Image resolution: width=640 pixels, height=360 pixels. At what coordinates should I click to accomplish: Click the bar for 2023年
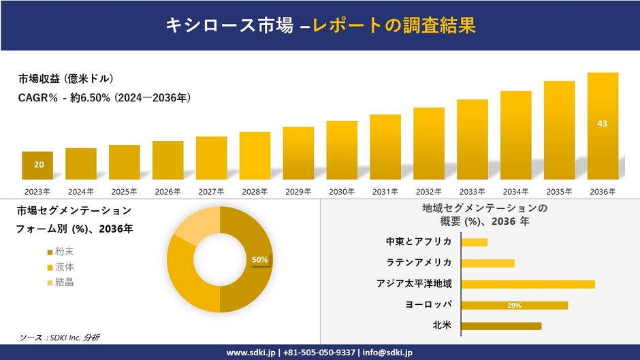tap(37, 165)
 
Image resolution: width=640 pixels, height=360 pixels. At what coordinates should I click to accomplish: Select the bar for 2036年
tap(603, 126)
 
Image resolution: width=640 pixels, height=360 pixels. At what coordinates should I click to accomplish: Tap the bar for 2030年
tap(342, 150)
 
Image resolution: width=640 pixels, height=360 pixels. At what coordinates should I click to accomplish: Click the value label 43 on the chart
tap(603, 123)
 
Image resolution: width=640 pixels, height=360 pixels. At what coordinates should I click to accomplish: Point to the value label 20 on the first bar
tap(39, 165)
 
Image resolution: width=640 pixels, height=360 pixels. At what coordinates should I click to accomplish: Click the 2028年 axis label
tap(255, 192)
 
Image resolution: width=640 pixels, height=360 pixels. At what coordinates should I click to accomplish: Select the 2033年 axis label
tap(472, 192)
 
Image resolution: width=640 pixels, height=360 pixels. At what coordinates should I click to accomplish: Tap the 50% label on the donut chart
tap(259, 259)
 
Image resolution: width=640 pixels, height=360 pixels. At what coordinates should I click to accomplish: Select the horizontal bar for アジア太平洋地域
tap(528, 284)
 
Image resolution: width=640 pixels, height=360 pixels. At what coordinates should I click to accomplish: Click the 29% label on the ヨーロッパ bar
tap(514, 306)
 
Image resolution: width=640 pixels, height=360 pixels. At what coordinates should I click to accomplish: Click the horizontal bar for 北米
tap(501, 326)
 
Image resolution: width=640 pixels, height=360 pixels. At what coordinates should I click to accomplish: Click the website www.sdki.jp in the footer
tap(250, 352)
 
